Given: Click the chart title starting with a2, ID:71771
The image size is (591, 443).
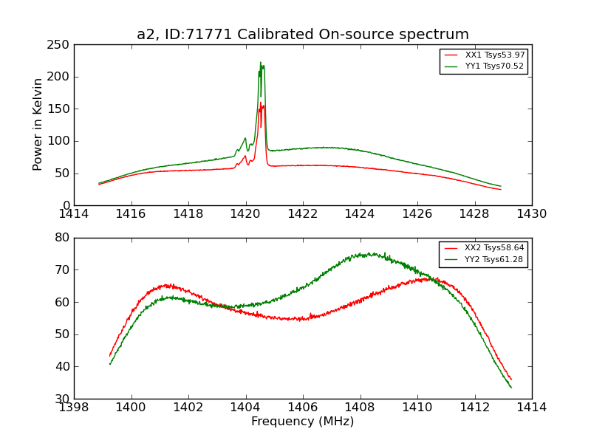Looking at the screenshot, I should coord(303,35).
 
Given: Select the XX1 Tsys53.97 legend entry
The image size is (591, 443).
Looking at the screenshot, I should coord(494,55).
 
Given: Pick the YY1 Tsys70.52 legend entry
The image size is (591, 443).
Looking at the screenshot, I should coord(494,66).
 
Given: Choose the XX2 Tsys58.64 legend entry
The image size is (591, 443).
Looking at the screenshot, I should coord(494,248).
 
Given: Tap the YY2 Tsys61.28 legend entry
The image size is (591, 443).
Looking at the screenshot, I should coord(494,259).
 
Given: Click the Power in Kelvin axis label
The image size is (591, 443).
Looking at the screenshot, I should coord(38,125).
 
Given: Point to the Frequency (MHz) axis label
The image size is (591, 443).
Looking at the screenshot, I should coord(303,422).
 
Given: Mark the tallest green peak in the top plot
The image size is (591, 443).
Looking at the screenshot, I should coord(260,62).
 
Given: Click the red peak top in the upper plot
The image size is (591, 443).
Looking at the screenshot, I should coord(260,103).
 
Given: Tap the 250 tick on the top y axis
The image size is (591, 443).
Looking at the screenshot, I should coord(61,45).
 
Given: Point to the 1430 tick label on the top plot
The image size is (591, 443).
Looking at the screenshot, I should coord(531,214).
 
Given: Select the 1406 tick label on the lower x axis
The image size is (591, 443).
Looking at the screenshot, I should coord(303,408).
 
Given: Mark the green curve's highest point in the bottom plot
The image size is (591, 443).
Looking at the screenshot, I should coord(383,253).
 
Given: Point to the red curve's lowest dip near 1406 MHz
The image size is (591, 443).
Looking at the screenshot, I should coord(299,320).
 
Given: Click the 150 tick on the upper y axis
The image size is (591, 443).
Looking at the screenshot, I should coord(61,109).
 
